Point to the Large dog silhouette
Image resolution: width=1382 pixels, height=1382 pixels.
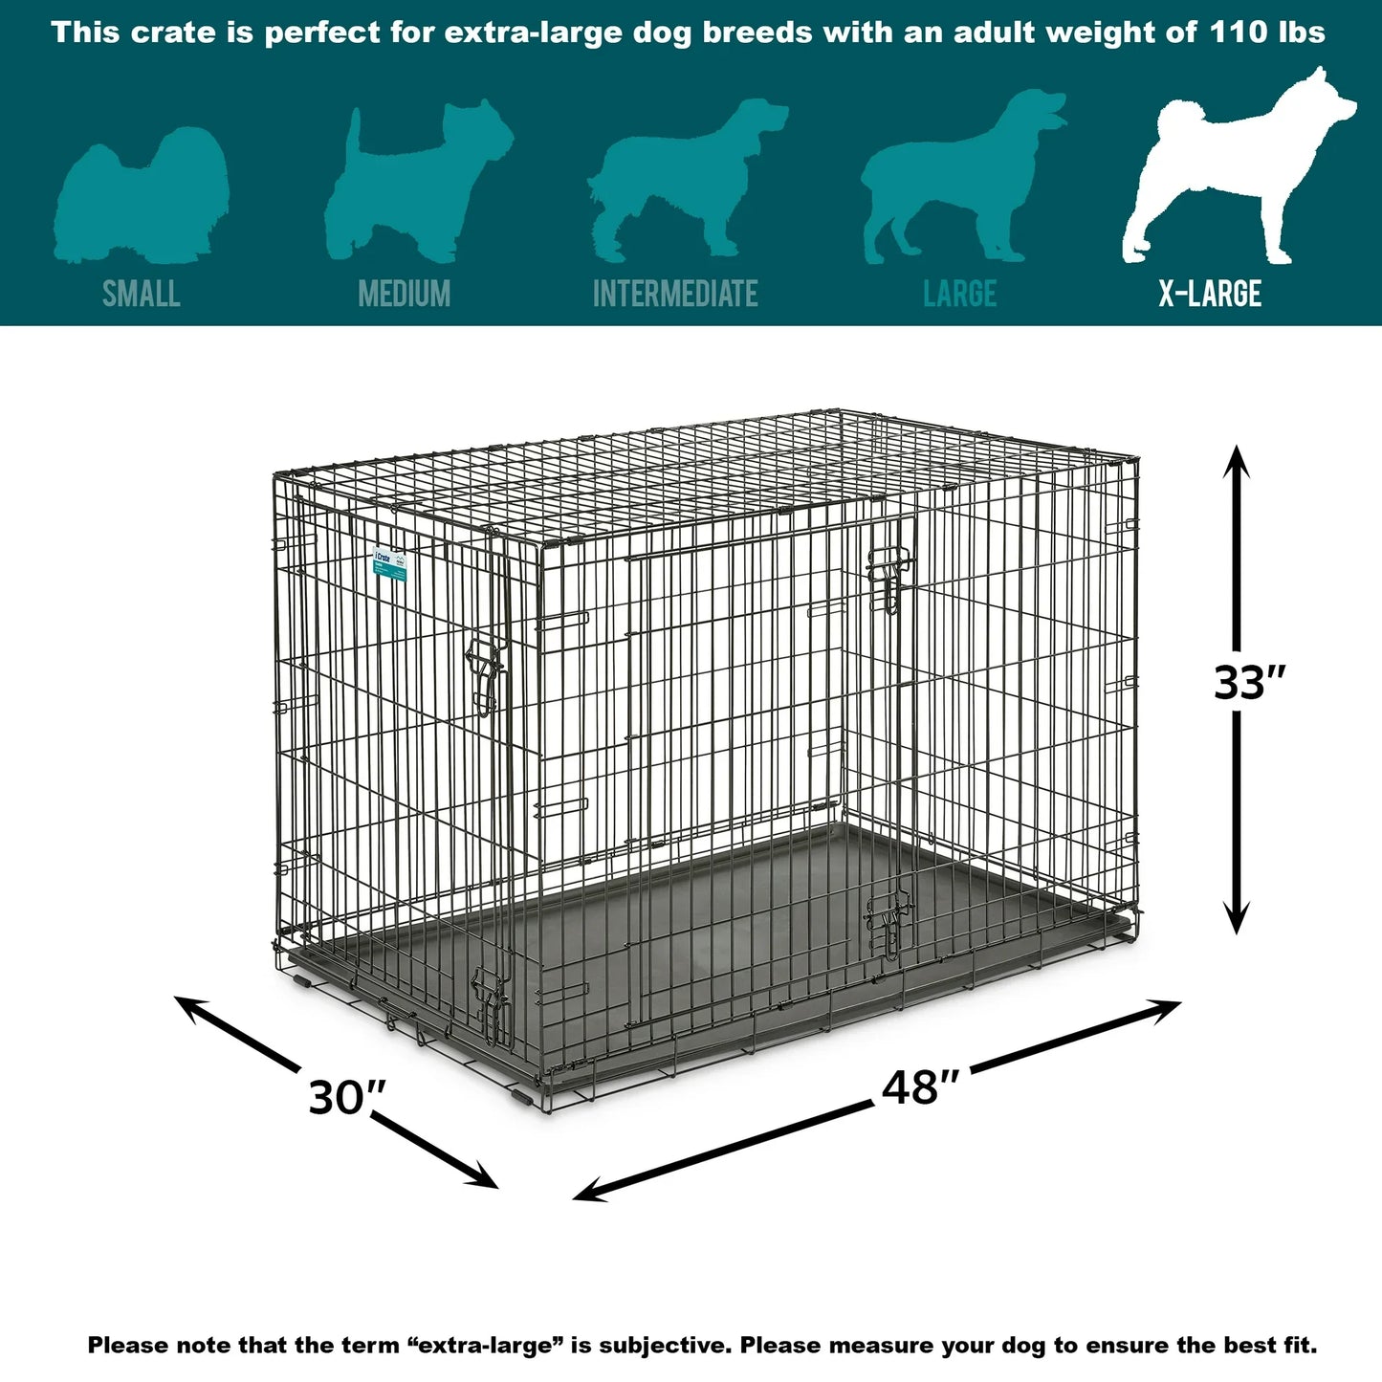(x=956, y=182)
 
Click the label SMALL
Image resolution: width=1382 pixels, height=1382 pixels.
(x=142, y=294)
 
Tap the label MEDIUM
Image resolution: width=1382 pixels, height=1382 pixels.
(x=404, y=294)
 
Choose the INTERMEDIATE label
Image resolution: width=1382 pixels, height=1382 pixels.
(x=675, y=294)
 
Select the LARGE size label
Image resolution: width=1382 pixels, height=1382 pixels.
(x=959, y=294)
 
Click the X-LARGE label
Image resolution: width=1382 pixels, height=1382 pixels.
(x=1210, y=294)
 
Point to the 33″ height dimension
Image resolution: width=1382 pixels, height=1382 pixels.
(x=1249, y=683)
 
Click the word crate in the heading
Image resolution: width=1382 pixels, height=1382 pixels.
(x=173, y=33)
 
